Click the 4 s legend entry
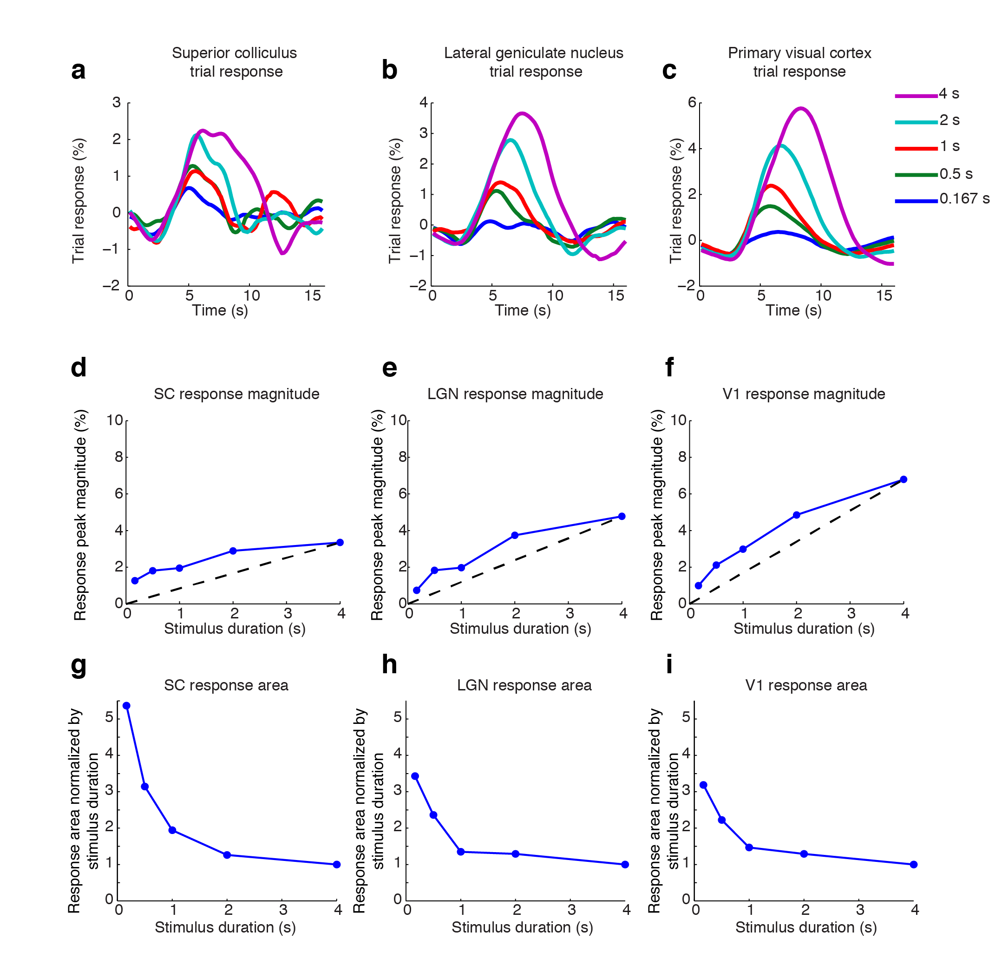(948, 94)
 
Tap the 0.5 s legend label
(956, 174)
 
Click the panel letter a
(78, 71)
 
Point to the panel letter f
(669, 367)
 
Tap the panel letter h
(389, 665)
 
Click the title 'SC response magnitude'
(236, 394)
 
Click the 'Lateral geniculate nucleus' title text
(533, 53)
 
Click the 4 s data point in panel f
(903, 479)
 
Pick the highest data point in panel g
(126, 705)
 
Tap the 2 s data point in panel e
(515, 535)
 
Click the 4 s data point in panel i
(913, 864)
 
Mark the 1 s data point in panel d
(180, 568)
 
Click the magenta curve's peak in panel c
(800, 108)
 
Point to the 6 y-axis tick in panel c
(692, 103)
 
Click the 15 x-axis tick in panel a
(312, 296)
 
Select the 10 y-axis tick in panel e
(399, 420)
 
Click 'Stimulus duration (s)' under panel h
(522, 927)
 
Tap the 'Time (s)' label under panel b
(523, 310)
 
